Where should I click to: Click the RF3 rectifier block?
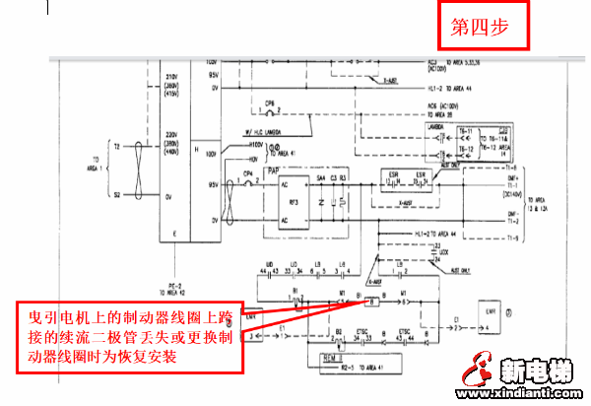(293, 203)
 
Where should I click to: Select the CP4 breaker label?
(248, 173)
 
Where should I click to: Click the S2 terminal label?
(116, 194)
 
